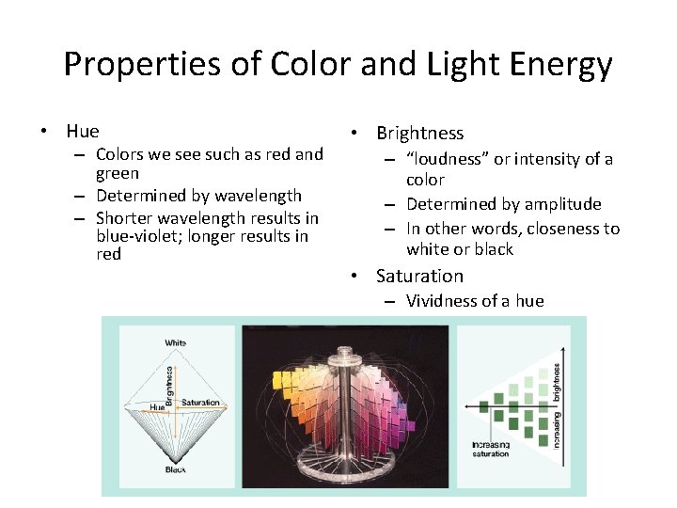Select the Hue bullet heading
pyautogui.click(x=82, y=131)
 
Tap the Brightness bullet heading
pyautogui.click(x=419, y=134)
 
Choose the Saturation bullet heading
pyautogui.click(x=419, y=276)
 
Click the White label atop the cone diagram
pyautogui.click(x=176, y=343)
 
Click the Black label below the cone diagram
pyautogui.click(x=176, y=468)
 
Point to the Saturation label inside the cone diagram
pyautogui.click(x=200, y=403)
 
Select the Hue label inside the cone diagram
pyautogui.click(x=157, y=406)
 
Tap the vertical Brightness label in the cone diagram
pyautogui.click(x=169, y=385)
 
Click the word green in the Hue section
pyautogui.click(x=118, y=173)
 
